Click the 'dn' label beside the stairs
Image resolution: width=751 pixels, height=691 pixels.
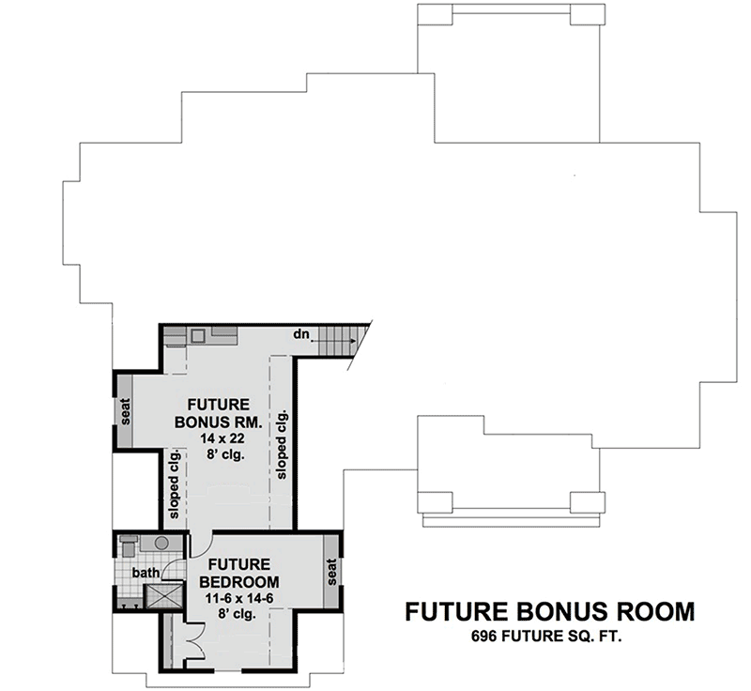click(x=301, y=334)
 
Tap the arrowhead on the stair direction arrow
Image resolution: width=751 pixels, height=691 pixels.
click(x=353, y=341)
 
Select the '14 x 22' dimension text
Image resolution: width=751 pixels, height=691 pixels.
click(x=222, y=438)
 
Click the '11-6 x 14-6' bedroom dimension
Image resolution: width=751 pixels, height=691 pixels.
click(x=239, y=598)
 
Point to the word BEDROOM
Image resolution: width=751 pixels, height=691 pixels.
click(x=239, y=581)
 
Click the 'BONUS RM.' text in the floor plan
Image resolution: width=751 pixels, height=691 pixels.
click(x=218, y=422)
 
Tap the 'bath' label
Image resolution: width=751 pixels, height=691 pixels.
click(x=146, y=572)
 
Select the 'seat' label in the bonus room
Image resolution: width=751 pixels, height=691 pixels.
click(x=125, y=412)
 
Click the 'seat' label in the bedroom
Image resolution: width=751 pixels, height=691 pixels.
click(x=331, y=572)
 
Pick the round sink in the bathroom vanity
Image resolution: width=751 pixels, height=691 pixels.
click(x=161, y=543)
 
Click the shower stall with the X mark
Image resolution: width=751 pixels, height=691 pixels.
click(x=163, y=597)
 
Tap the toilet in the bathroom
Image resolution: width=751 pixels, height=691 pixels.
click(x=129, y=546)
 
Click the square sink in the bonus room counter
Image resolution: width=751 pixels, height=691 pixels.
click(x=198, y=335)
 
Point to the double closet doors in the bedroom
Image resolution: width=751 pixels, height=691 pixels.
click(x=195, y=642)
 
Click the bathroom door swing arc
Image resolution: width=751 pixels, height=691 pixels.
click(x=172, y=567)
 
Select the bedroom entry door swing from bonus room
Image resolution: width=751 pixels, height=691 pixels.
click(x=201, y=545)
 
